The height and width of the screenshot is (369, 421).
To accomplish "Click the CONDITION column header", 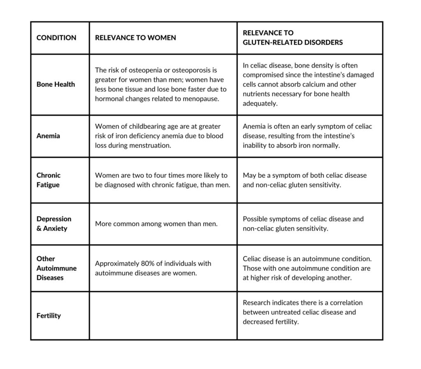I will point(56,38).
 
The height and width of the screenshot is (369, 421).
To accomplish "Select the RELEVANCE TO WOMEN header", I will point(135,38).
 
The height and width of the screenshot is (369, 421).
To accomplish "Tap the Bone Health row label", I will point(56,84).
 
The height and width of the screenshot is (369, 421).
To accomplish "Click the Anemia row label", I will point(48,136).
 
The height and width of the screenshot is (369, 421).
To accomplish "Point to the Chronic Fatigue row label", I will point(48,180).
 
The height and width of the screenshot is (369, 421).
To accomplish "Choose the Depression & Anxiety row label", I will point(53,223).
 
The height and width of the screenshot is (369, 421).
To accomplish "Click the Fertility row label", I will point(49,316).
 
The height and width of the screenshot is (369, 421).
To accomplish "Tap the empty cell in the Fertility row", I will point(163,316).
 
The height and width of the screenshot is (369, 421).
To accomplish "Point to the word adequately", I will point(260,103).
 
